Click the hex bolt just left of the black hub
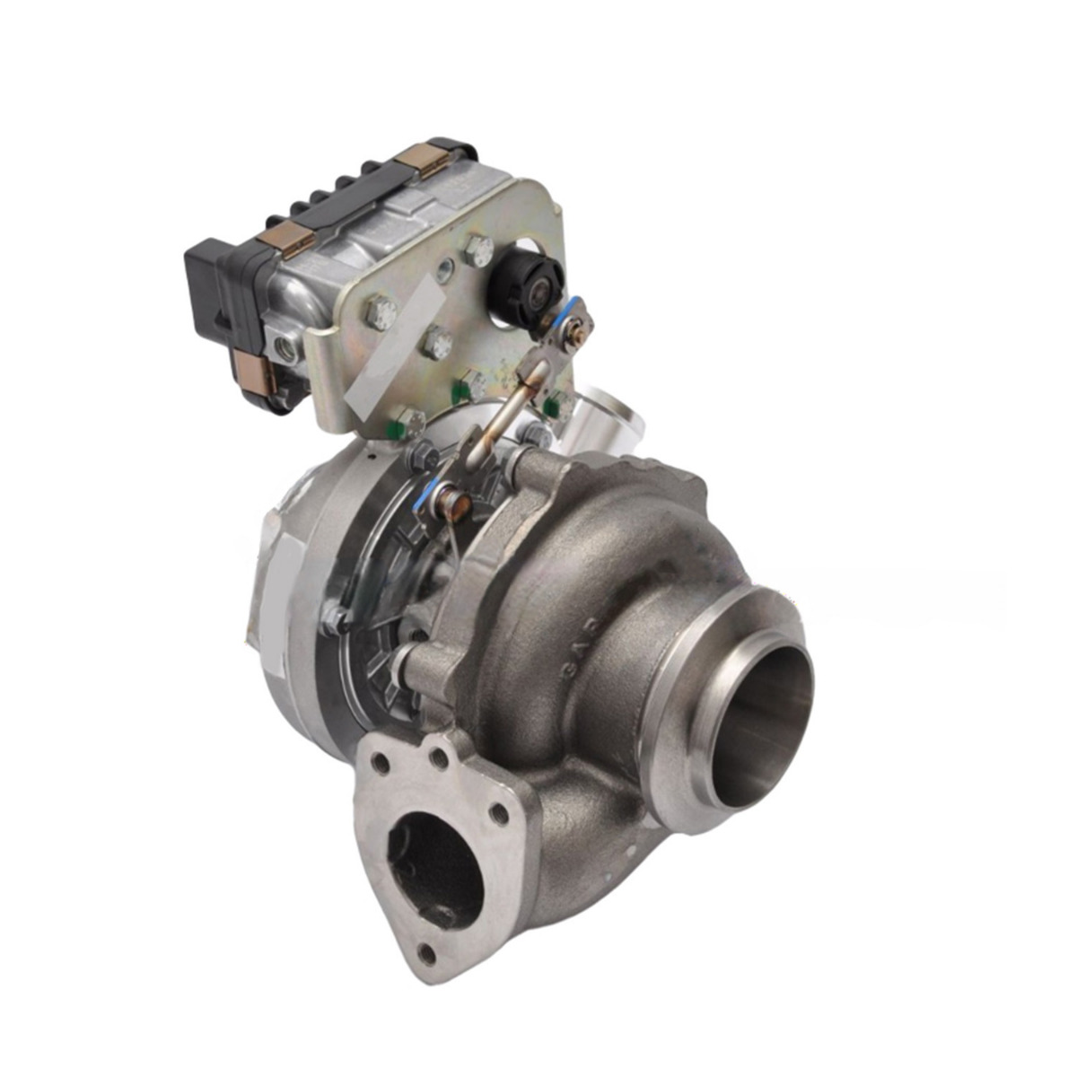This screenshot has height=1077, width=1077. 476,253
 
